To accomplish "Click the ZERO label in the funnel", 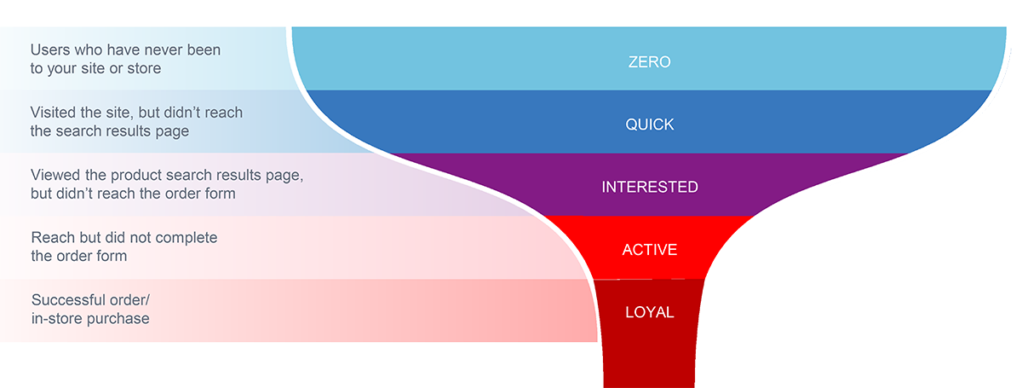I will [649, 62].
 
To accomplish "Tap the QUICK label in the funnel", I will [649, 125].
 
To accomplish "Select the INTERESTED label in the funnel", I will [649, 187].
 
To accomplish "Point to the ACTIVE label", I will [649, 250].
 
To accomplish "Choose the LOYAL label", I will [649, 312].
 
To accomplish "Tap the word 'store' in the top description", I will [141, 68].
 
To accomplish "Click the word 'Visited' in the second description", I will [56, 113].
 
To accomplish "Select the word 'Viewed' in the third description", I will [55, 175].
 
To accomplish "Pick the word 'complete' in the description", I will [189, 237].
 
